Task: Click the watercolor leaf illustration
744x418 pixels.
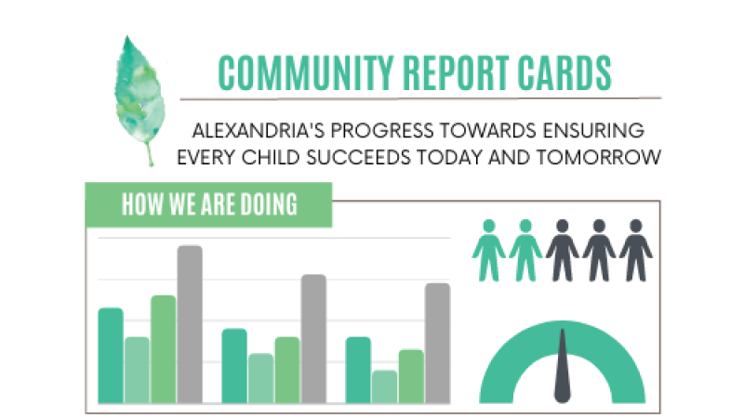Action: point(139,95)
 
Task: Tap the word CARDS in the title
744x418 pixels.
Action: point(565,73)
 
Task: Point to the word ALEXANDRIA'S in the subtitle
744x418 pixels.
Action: point(259,130)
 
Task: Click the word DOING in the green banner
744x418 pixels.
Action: point(269,204)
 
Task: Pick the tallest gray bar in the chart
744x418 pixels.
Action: point(190,324)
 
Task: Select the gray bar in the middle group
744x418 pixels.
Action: point(313,339)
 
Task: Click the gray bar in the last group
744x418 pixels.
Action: point(437,343)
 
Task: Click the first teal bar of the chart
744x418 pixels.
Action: point(111,356)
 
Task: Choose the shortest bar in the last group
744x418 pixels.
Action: point(384,386)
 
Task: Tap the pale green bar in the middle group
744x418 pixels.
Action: point(261,378)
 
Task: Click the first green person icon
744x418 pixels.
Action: point(489,250)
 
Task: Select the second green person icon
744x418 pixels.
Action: point(525,250)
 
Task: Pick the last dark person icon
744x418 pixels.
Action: point(636,250)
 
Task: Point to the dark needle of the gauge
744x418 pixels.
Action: point(563,366)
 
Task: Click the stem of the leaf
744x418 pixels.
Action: point(150,154)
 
